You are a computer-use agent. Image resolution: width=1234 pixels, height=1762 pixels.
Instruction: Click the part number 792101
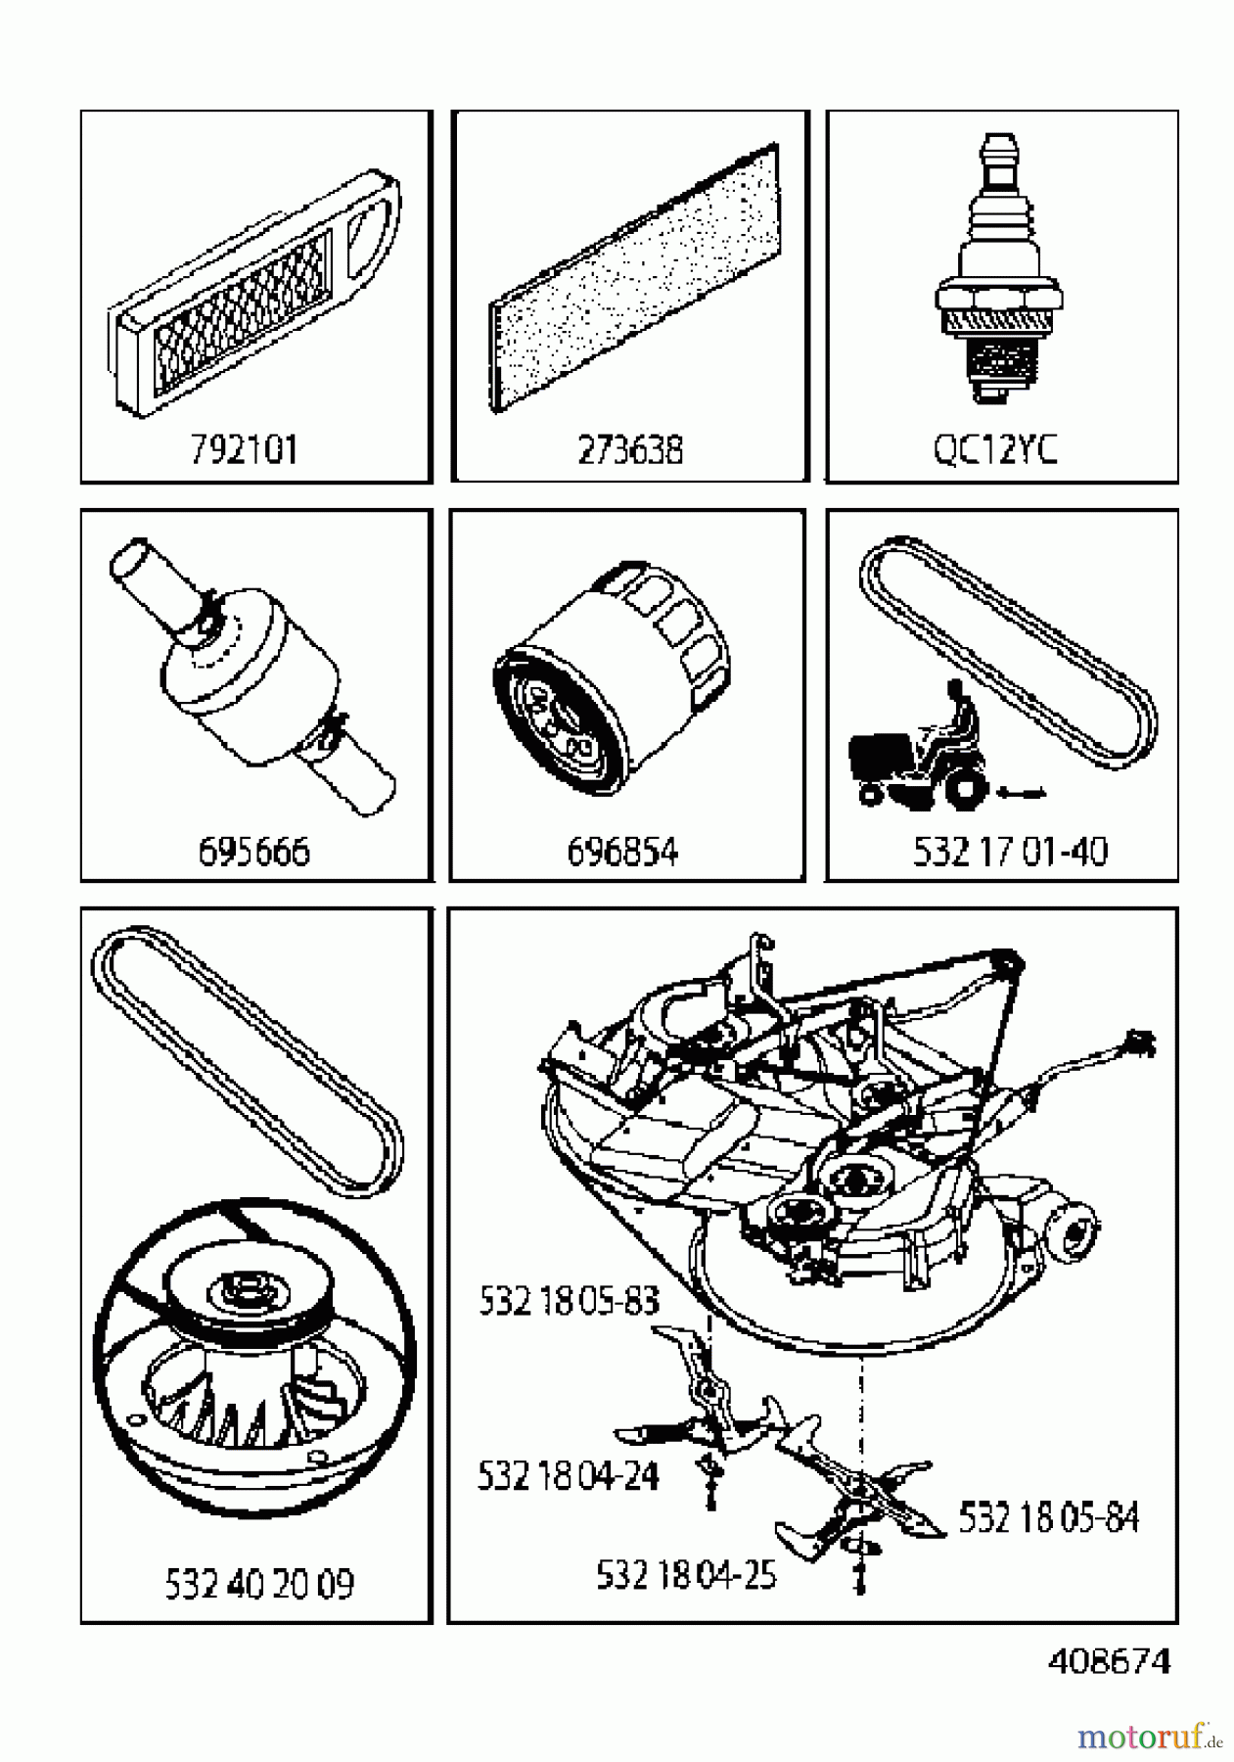[244, 450]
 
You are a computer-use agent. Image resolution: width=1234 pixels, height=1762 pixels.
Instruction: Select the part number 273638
[630, 450]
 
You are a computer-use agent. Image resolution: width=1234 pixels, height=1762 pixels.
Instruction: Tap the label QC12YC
[995, 450]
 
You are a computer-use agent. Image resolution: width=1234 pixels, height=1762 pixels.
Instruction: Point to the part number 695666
[253, 852]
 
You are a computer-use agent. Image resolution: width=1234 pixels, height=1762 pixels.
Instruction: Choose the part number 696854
[622, 852]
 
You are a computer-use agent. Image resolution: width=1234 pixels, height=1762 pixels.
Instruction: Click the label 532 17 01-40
[1010, 852]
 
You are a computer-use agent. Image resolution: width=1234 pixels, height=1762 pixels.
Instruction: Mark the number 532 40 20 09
[259, 1583]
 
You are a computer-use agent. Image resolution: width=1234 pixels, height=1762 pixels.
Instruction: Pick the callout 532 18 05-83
[569, 1301]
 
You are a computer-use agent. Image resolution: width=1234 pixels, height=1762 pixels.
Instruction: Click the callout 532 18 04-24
[568, 1475]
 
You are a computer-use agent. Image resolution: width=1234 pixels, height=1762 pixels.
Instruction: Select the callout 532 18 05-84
[1048, 1517]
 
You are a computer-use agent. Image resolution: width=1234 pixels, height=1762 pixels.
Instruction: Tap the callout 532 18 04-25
[686, 1575]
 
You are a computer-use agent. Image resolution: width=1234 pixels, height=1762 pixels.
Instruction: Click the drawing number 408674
[1109, 1661]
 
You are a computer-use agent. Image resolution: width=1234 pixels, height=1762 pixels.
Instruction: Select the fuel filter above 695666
[253, 675]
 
